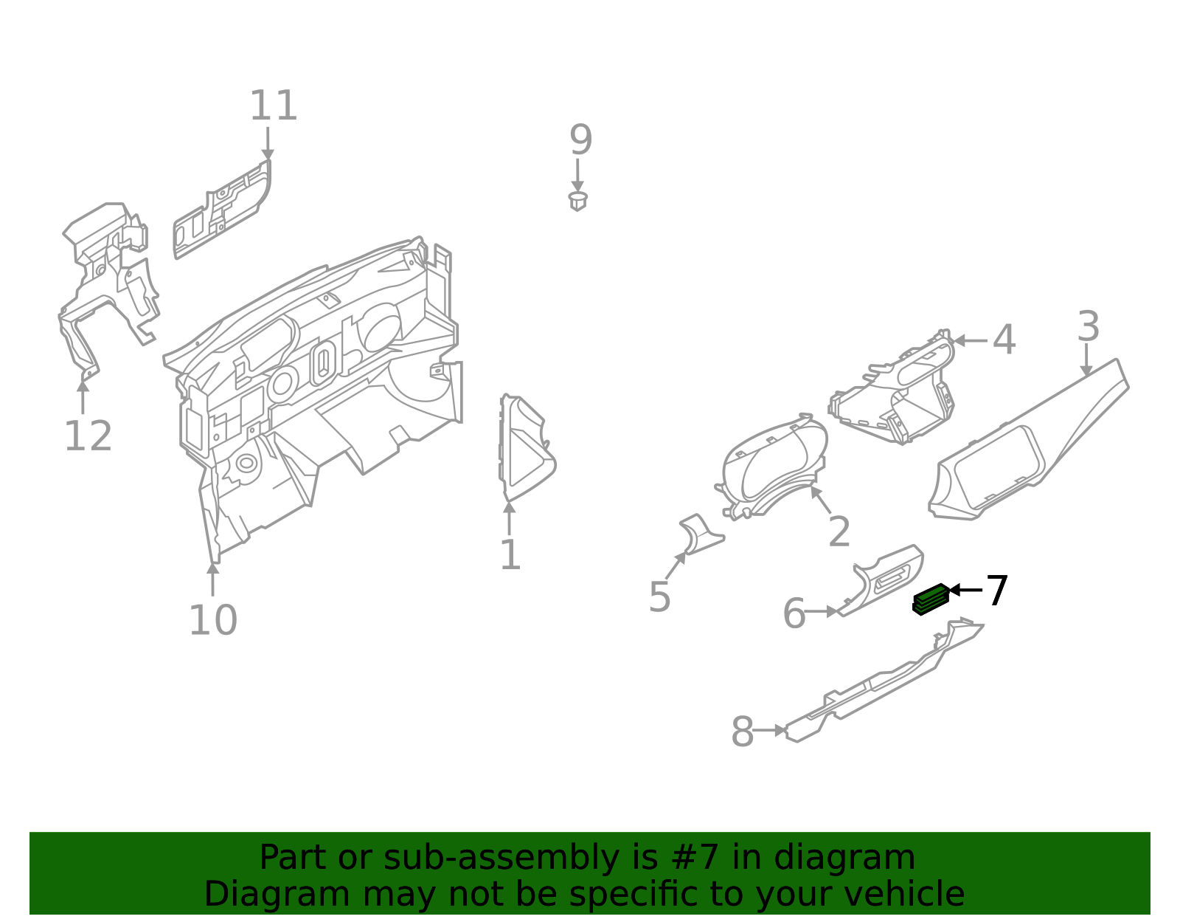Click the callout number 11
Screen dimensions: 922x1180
coord(273,106)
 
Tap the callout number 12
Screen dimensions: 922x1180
coord(88,436)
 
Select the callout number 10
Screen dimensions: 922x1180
coord(212,620)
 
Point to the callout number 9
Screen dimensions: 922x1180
coord(580,140)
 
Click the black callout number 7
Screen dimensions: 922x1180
coord(997,591)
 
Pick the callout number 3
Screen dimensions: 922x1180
coord(1088,327)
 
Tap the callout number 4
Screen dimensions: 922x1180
coord(1004,340)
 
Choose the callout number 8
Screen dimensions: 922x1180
coord(742,732)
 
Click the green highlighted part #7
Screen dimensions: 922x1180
coord(931,599)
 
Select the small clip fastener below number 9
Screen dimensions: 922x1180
coord(578,201)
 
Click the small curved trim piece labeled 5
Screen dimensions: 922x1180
coord(698,535)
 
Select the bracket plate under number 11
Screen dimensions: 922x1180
coord(221,210)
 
